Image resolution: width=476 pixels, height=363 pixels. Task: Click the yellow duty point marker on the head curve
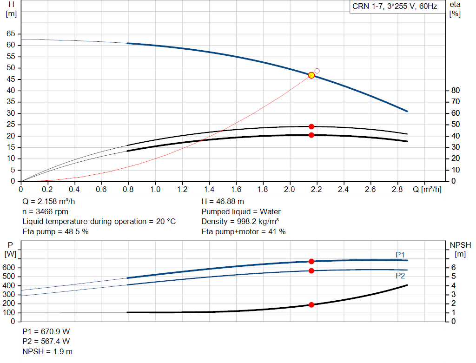[311, 75]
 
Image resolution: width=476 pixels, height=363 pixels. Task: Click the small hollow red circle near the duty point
[317, 71]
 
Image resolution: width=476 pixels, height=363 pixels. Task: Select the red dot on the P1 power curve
[311, 261]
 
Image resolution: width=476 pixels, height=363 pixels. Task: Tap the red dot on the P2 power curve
[311, 271]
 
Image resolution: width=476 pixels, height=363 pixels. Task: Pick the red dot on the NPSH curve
[311, 305]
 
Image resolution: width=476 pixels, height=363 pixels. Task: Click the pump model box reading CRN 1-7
[394, 7]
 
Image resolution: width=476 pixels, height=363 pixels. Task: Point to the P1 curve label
[400, 254]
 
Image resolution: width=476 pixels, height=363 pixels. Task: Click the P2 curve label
[400, 276]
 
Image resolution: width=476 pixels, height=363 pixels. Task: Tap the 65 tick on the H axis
[10, 34]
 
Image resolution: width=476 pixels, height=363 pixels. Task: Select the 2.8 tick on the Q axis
[397, 190]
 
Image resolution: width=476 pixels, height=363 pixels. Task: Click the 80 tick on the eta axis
[455, 90]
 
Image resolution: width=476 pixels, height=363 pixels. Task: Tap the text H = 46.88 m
[222, 201]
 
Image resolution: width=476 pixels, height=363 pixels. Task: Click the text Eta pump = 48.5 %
[55, 231]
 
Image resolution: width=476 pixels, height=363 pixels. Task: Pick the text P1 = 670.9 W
[46, 331]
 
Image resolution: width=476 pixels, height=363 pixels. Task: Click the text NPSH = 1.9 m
[47, 351]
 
